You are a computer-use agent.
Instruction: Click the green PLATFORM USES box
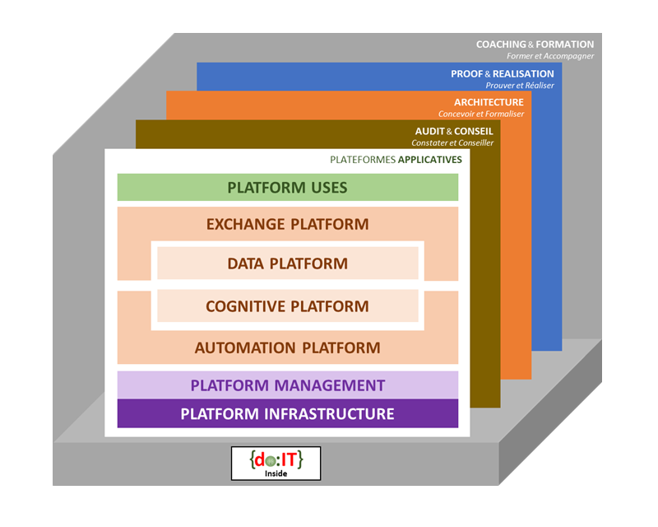click(x=287, y=188)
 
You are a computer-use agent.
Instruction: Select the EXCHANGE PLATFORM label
click(x=287, y=224)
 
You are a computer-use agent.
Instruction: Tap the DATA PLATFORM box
click(x=287, y=264)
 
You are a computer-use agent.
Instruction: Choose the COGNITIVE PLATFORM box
click(x=287, y=306)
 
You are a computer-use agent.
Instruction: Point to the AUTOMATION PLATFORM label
click(x=287, y=347)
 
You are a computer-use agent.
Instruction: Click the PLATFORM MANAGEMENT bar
click(x=287, y=385)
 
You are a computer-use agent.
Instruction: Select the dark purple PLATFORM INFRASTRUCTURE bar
click(x=287, y=413)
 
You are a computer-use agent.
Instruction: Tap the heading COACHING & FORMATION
click(x=535, y=44)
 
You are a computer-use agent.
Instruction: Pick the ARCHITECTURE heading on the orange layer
click(x=489, y=102)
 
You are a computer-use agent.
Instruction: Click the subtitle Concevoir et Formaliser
click(x=480, y=114)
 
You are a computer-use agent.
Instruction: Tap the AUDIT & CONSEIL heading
click(x=454, y=131)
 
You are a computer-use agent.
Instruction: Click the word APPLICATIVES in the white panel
click(x=429, y=159)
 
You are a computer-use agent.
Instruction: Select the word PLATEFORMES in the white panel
click(x=362, y=159)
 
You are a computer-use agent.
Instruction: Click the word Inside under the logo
click(x=276, y=473)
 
